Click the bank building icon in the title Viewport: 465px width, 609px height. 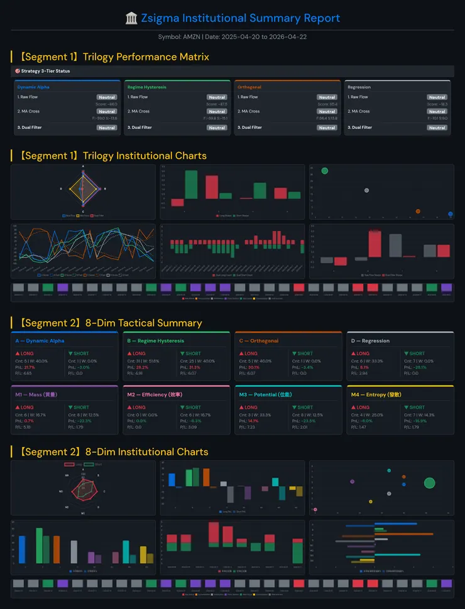point(131,18)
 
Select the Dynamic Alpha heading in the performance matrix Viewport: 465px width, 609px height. point(33,87)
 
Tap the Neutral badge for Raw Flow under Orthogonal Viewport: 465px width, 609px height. point(327,97)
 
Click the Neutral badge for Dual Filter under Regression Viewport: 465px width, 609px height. point(437,127)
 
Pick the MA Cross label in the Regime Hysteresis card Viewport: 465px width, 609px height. point(138,111)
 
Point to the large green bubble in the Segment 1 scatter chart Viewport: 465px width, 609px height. point(324,171)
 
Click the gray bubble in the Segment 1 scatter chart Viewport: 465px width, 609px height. point(366,190)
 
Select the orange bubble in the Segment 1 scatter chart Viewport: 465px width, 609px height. point(418,212)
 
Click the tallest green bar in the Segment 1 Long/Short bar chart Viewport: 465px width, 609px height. point(191,185)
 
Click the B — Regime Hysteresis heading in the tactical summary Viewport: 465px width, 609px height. point(155,341)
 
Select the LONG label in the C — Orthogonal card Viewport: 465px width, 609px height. point(251,353)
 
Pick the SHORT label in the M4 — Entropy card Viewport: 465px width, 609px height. point(417,407)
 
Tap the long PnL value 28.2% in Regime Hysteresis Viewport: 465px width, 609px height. point(142,367)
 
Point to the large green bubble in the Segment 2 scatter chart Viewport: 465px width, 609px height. point(429,483)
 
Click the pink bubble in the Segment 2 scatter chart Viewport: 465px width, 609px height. point(315,509)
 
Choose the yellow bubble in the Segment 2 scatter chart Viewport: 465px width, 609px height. point(370,502)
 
